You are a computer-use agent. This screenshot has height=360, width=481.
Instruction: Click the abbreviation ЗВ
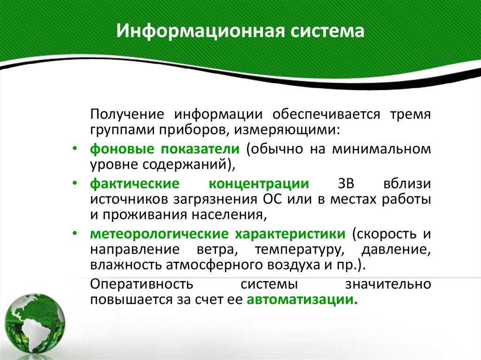click(x=346, y=184)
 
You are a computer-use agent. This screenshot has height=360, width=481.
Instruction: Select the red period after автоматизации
click(x=356, y=303)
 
